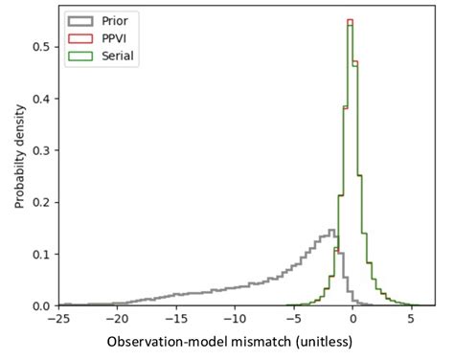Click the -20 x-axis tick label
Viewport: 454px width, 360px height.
(117, 318)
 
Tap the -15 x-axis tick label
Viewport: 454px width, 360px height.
(175, 318)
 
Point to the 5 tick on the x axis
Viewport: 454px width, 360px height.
(412, 318)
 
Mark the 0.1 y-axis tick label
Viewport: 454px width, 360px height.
(41, 254)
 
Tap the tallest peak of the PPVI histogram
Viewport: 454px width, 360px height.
(350, 20)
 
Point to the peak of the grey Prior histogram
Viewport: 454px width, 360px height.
(331, 230)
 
